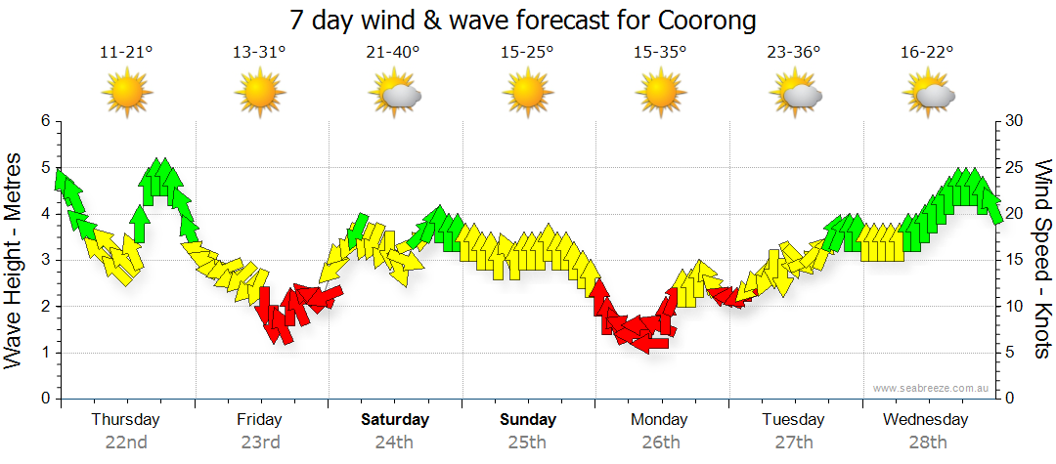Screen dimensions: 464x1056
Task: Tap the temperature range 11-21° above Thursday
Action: (126, 53)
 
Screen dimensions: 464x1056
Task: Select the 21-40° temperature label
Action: (394, 53)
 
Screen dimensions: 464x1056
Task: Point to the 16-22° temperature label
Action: (927, 53)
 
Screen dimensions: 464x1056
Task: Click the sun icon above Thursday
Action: (126, 95)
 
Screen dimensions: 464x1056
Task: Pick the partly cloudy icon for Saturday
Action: (395, 95)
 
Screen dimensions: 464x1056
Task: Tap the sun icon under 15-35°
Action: (660, 95)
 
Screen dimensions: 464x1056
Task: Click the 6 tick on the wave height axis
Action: (44, 121)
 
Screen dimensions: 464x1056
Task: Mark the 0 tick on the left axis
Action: (44, 400)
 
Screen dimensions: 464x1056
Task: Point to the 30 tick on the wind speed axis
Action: (1014, 121)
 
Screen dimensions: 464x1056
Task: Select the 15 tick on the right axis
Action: (1014, 261)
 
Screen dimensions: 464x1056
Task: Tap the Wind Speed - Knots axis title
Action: (1042, 259)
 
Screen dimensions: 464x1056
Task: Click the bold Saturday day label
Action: (394, 420)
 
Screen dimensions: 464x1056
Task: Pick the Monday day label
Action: (659, 420)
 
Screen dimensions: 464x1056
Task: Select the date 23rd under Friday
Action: (260, 442)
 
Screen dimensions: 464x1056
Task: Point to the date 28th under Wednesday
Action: (926, 442)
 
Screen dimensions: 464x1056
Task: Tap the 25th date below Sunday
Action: (527, 442)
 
